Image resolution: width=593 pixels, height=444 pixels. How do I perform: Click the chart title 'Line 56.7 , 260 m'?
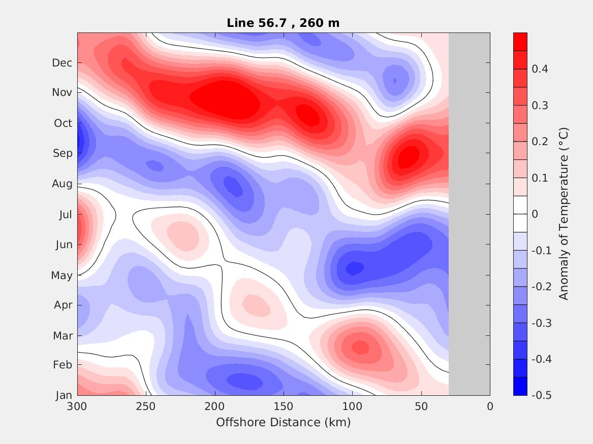pos(283,23)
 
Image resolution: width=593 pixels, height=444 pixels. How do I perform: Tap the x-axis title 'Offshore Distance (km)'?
pos(283,422)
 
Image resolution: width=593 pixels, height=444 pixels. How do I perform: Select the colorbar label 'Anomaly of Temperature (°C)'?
pos(563,214)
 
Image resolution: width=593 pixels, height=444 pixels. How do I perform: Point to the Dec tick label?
pos(62,63)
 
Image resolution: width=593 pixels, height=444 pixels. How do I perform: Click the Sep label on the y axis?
pos(63,153)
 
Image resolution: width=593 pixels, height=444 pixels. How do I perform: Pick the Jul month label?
pos(65,215)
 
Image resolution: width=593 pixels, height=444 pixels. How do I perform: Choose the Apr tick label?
pos(63,305)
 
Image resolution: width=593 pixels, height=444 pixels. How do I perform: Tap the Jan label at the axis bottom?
pos(64,396)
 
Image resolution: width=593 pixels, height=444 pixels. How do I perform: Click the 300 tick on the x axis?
pos(77,406)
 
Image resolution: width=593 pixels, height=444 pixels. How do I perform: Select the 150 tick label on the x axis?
pos(284,406)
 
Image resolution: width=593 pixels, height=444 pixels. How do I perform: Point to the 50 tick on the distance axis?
pos(421,406)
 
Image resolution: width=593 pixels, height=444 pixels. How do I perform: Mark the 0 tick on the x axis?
pos(490,406)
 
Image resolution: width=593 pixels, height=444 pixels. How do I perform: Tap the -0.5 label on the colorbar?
pos(540,395)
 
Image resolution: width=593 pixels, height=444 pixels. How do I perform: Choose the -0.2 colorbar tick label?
pos(540,287)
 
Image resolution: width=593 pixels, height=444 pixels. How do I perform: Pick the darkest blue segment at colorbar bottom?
pos(520,386)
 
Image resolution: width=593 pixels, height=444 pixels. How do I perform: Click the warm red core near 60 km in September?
pos(409,157)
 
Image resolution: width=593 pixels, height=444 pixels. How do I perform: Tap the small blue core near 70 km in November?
pos(395,80)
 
